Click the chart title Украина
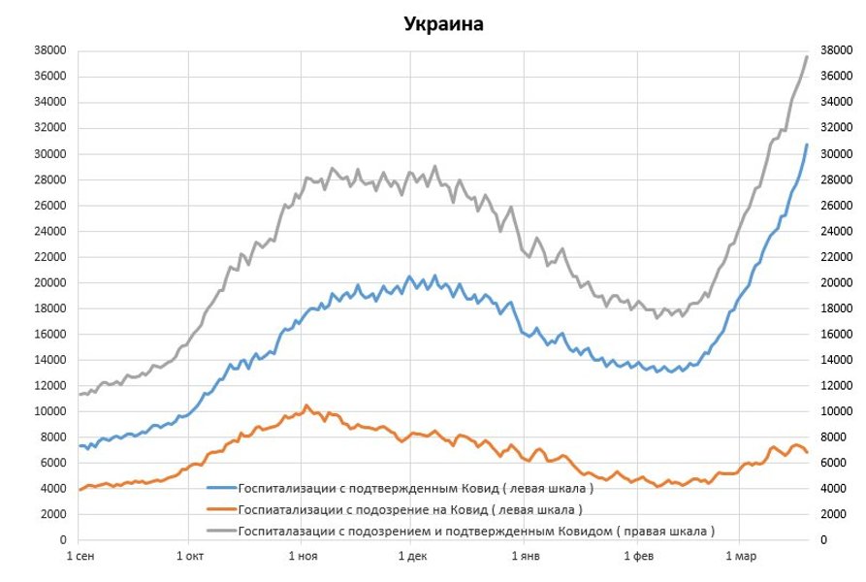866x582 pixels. [443, 24]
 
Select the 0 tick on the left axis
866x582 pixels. [62, 539]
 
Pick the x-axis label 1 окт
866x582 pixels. [190, 557]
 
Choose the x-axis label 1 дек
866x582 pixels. [411, 557]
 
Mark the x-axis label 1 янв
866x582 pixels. [525, 557]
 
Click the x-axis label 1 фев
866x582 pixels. [637, 557]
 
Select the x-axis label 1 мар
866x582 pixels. [739, 557]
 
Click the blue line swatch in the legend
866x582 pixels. [222, 488]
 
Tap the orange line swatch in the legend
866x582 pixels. [222, 509]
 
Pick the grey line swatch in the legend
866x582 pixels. [222, 531]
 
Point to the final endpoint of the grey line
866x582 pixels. [807, 56]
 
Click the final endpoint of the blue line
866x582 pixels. [807, 145]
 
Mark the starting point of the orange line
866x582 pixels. [80, 490]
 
